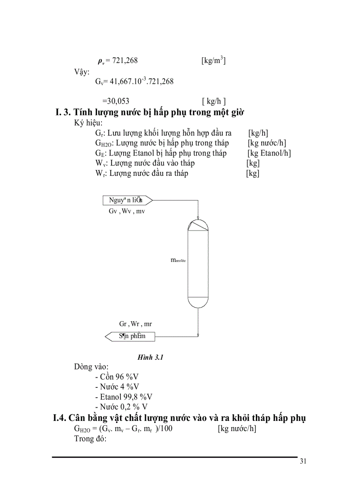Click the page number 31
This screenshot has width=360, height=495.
click(x=303, y=462)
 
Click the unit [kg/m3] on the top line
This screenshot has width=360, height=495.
click(x=214, y=60)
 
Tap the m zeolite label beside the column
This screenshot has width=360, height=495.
click(x=179, y=261)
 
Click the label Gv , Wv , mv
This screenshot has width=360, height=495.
click(x=127, y=212)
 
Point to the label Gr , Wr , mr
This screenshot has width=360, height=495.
click(x=135, y=324)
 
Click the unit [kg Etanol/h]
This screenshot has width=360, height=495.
click(x=269, y=153)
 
